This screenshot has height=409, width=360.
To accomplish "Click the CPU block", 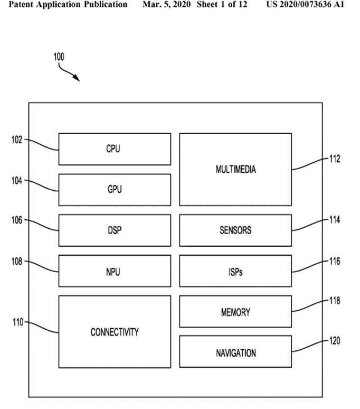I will click(x=114, y=149).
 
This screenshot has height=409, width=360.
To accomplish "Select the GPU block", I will click(x=114, y=190).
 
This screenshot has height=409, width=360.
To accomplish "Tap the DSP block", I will click(x=114, y=230).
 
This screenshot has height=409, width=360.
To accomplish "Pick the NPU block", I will click(x=114, y=271).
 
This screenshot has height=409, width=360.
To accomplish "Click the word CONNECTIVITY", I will click(x=115, y=332).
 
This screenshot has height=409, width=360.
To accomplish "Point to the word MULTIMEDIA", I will click(x=235, y=170).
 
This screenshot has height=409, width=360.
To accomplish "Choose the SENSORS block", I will click(x=235, y=230).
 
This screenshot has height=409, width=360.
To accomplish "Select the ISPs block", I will click(x=235, y=271).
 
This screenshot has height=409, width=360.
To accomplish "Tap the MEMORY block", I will click(x=235, y=312).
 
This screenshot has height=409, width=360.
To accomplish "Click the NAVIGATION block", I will click(x=235, y=352).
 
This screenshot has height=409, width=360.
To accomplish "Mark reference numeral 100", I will click(x=59, y=57).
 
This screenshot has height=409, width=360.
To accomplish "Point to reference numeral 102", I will click(x=17, y=140).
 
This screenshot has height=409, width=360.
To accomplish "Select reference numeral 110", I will click(x=17, y=322).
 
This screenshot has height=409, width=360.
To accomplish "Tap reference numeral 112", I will click(x=334, y=159).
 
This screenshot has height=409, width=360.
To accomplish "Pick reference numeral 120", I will click(x=334, y=341).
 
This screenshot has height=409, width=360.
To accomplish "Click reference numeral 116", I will click(x=334, y=261).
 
